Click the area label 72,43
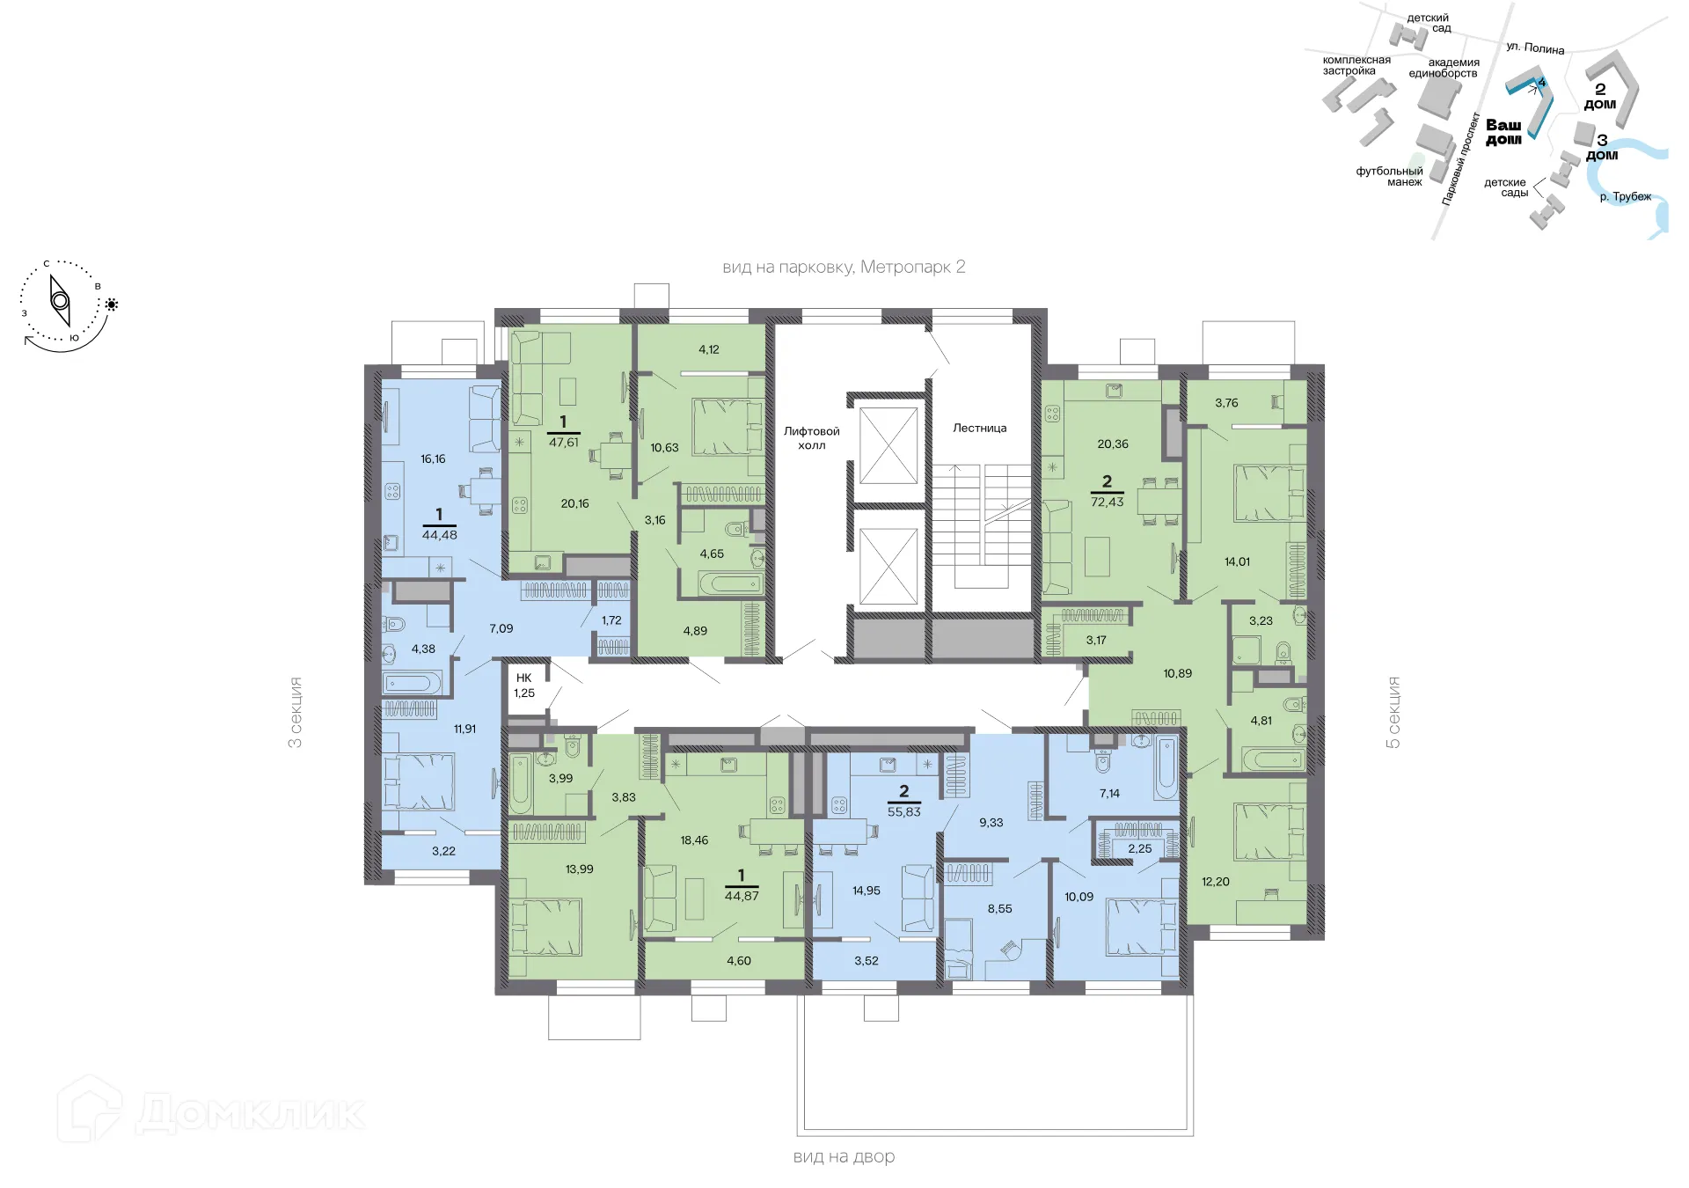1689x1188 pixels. [x=1107, y=502]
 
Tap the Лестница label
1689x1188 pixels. [x=979, y=429]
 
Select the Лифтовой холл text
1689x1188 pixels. [x=811, y=438]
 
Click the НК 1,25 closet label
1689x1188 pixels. [x=524, y=686]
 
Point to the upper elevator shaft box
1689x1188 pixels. [x=888, y=445]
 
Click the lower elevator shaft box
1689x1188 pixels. [x=888, y=567]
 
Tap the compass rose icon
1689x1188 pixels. [x=60, y=302]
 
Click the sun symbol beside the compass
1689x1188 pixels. [x=112, y=304]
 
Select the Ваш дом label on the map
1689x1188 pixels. [x=1503, y=132]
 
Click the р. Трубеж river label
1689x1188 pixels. [x=1625, y=197]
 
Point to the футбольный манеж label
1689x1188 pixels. [x=1389, y=177]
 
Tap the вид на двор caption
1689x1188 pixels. [x=844, y=1157]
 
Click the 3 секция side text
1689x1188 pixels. [x=296, y=712]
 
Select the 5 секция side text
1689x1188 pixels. [x=1393, y=712]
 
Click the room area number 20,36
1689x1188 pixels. [x=1112, y=444]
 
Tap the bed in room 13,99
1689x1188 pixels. [x=547, y=926]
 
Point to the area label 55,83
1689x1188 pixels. [x=903, y=812]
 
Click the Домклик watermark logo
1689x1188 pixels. [x=211, y=1111]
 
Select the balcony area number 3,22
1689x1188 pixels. [x=443, y=851]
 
